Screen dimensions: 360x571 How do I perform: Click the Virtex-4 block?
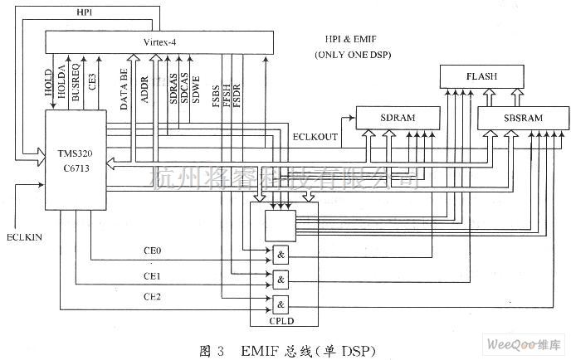coord(158,40)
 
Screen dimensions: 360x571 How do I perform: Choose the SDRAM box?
coord(398,118)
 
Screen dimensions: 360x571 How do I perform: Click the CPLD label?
coord(282,318)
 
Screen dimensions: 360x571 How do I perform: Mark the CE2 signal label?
coord(153,296)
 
